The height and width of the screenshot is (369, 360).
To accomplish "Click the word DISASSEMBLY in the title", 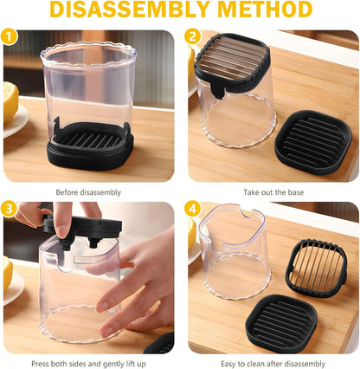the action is pyautogui.click(x=130, y=10).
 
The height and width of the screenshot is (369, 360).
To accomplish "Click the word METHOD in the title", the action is pyautogui.click(x=265, y=10).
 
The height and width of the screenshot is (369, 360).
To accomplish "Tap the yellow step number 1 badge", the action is pyautogui.click(x=10, y=36).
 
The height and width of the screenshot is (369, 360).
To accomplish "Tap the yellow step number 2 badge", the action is pyautogui.click(x=192, y=36).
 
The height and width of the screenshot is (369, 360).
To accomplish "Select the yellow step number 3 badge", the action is pyautogui.click(x=10, y=209).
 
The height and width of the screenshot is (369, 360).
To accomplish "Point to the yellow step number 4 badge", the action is pyautogui.click(x=192, y=209).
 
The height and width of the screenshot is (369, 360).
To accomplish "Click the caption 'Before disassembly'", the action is pyautogui.click(x=88, y=192).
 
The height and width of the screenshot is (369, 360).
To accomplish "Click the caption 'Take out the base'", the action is pyautogui.click(x=273, y=192).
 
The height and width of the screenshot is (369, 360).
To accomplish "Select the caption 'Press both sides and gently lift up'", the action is pyautogui.click(x=88, y=364).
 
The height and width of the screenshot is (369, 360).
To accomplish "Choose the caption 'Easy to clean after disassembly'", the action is pyautogui.click(x=273, y=364).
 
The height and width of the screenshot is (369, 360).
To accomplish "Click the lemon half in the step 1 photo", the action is pyautogui.click(x=10, y=102).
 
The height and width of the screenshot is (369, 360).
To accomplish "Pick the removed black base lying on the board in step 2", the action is pyautogui.click(x=313, y=142).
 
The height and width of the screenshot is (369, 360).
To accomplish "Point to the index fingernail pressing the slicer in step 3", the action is pyautogui.click(x=61, y=231).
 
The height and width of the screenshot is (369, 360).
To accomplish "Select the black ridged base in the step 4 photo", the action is pyautogui.click(x=281, y=323).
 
